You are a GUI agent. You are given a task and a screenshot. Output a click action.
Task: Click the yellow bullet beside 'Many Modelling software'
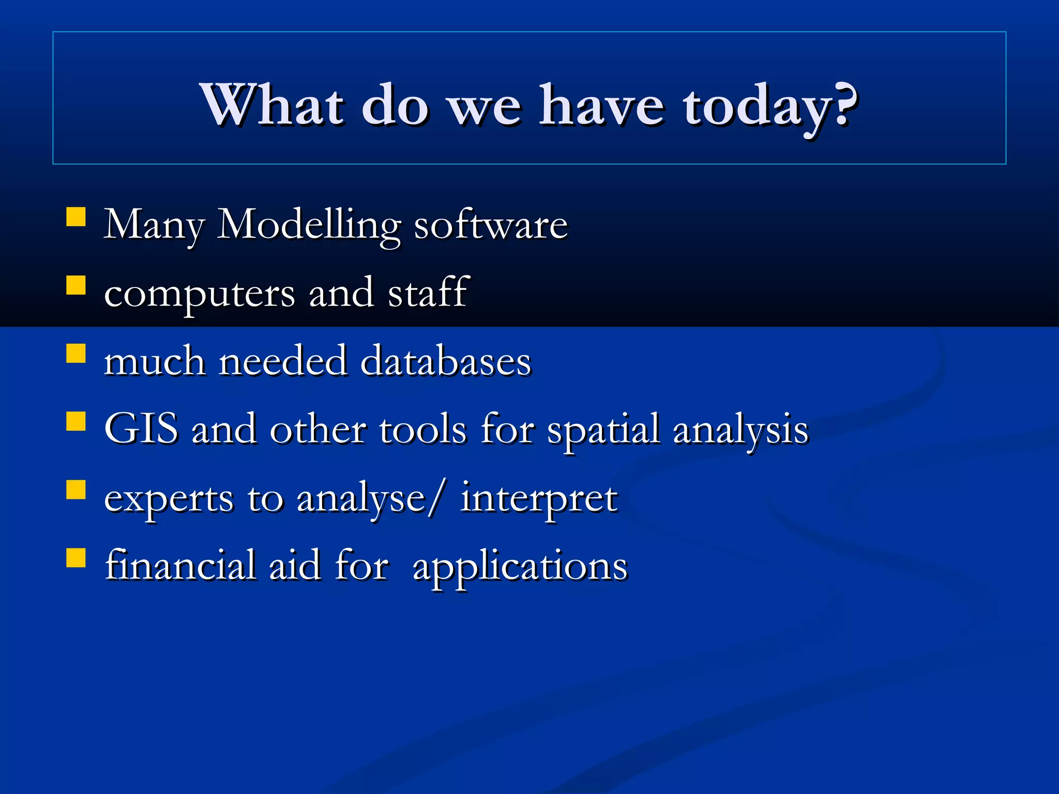click(x=76, y=217)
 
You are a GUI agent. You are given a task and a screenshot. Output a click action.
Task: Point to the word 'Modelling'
click(x=309, y=225)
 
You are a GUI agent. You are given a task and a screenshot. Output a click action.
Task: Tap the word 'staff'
click(x=428, y=293)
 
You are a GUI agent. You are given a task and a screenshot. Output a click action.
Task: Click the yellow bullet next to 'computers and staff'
click(x=76, y=285)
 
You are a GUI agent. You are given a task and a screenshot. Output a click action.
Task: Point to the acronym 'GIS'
click(x=141, y=429)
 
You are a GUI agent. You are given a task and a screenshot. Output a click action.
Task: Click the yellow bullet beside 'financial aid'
click(x=76, y=558)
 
